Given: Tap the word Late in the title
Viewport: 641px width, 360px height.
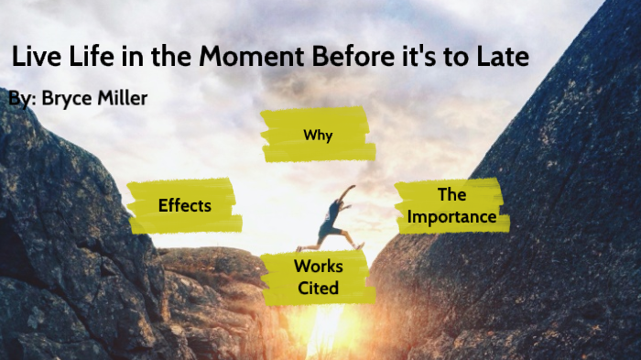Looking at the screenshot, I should (x=501, y=57).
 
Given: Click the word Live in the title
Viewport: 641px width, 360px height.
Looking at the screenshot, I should (x=37, y=57).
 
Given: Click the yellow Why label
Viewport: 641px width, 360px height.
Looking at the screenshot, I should (x=317, y=136).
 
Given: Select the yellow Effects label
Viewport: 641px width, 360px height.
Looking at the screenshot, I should (x=184, y=205).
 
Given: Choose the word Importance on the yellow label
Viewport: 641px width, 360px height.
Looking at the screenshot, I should (x=451, y=217).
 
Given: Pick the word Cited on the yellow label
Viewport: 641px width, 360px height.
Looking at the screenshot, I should (x=318, y=289).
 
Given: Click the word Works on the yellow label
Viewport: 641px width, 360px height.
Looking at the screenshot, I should (x=318, y=267).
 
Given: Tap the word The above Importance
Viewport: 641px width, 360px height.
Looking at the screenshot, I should (x=451, y=194).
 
